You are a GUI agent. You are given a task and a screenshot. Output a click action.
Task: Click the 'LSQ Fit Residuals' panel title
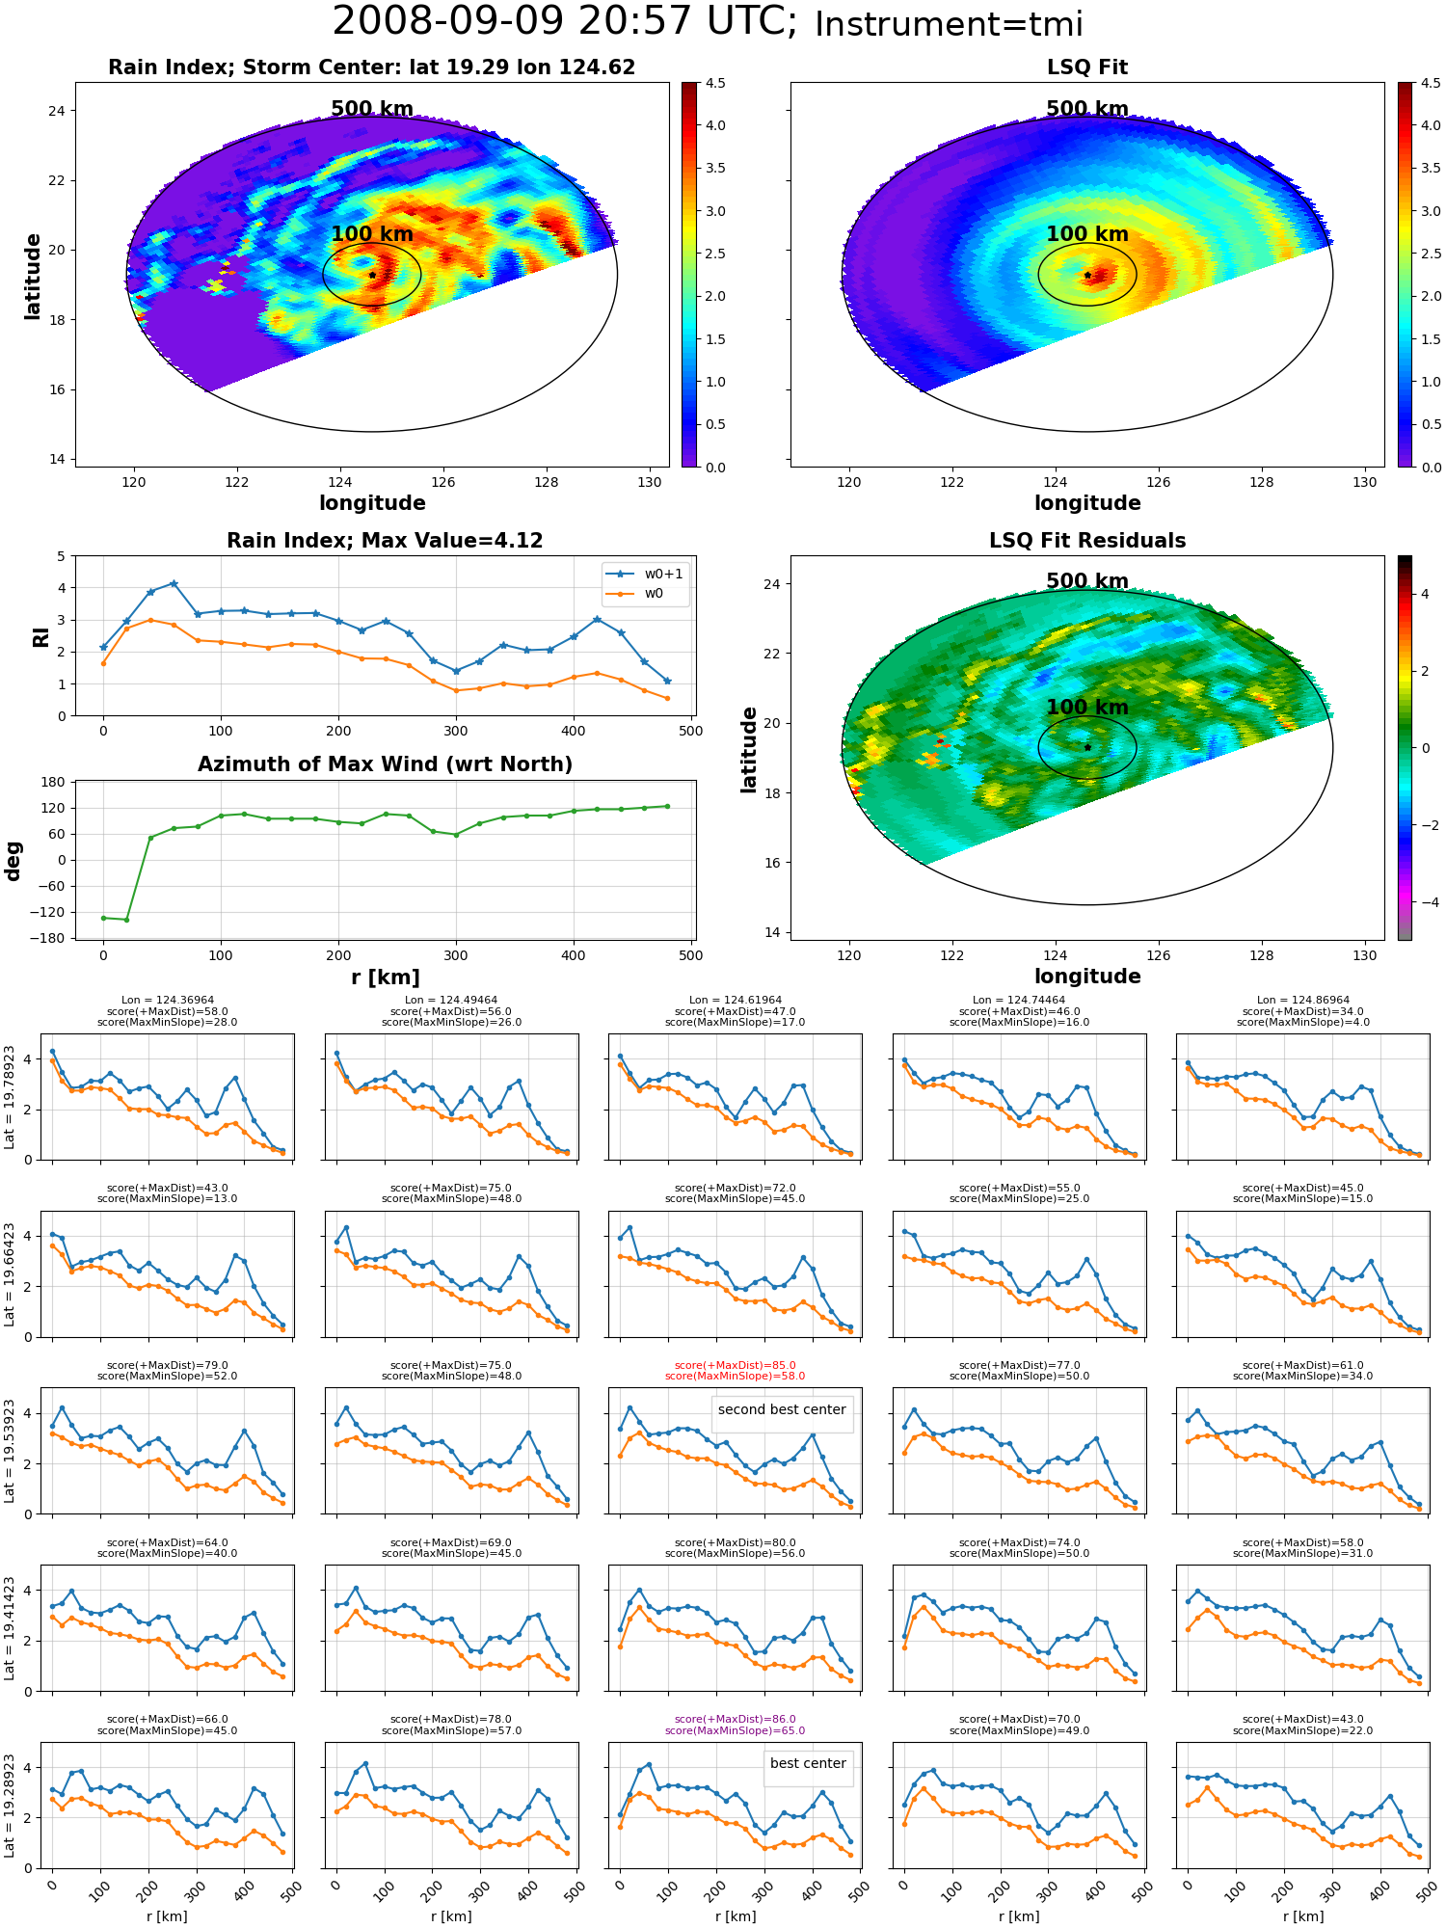tap(1087, 541)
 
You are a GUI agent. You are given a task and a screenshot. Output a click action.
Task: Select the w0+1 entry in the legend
tap(646, 574)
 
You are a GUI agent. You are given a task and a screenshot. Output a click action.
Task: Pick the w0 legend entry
tap(636, 594)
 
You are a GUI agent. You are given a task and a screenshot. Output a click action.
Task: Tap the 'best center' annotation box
tap(808, 1763)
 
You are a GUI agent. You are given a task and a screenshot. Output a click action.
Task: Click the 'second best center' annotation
tap(782, 1409)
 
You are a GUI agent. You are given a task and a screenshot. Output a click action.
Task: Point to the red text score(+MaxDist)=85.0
tap(736, 1365)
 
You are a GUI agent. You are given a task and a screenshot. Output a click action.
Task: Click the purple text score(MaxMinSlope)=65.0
tap(736, 1730)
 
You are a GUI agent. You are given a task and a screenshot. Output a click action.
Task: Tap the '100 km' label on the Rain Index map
tap(372, 234)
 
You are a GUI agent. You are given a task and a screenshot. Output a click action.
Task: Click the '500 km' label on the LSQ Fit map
tap(1087, 109)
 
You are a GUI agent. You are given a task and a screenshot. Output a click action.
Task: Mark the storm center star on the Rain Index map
tap(372, 275)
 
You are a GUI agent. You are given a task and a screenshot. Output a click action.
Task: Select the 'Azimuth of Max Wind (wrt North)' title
tap(385, 764)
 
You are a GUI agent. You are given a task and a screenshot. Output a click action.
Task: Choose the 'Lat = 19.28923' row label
tap(10, 1806)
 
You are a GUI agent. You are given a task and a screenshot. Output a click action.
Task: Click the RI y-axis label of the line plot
tap(40, 636)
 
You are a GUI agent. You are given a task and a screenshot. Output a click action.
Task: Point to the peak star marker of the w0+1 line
tap(174, 583)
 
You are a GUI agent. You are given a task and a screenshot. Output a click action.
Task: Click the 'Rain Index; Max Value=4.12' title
tap(385, 541)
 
